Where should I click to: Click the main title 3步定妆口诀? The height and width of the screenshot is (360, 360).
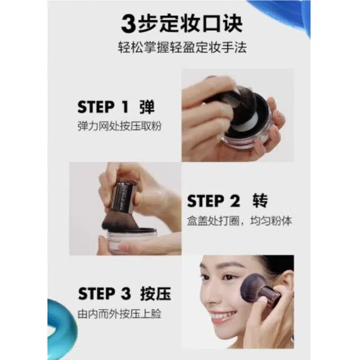[182, 24]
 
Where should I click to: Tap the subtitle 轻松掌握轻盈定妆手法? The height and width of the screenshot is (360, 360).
[182, 47]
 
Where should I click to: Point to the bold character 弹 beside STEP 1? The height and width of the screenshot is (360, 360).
[147, 107]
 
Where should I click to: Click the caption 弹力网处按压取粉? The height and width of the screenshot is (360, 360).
[120, 126]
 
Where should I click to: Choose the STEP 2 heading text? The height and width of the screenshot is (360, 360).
[213, 201]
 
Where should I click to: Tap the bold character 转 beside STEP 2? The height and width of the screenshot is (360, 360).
[260, 201]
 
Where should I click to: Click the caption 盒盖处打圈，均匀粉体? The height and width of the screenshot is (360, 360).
[240, 220]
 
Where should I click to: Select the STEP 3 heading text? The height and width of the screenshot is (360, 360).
[105, 294]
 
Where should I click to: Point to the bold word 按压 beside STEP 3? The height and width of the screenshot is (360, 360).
[156, 294]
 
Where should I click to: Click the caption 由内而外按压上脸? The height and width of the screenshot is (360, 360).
[119, 314]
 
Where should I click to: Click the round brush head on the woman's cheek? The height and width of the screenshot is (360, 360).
[254, 286]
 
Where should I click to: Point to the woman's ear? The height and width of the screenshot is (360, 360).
[289, 285]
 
